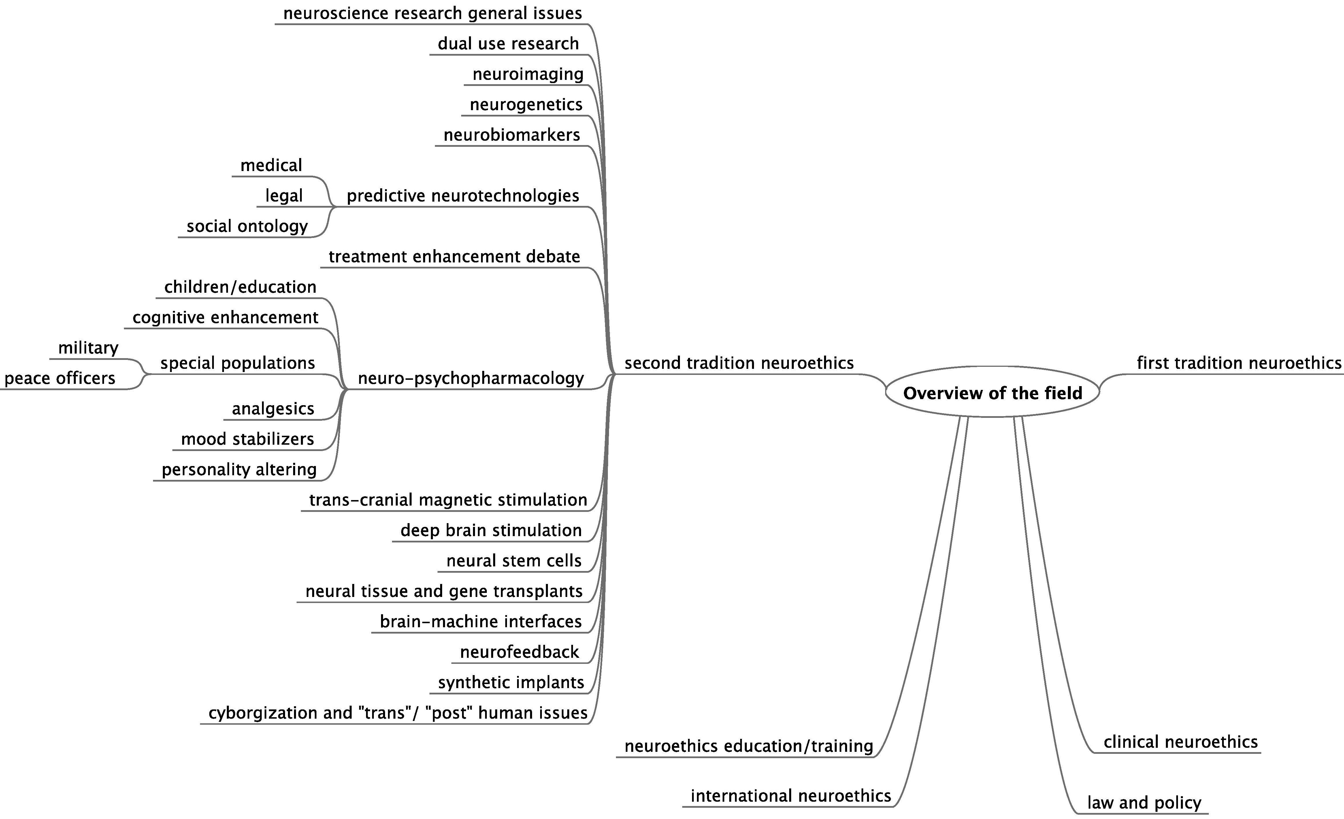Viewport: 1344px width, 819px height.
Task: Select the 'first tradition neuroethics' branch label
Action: point(1239,363)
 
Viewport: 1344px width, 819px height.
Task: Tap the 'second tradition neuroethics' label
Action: point(739,363)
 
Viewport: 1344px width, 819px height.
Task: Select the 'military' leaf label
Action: point(88,347)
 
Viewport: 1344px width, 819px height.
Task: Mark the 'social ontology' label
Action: point(247,226)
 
